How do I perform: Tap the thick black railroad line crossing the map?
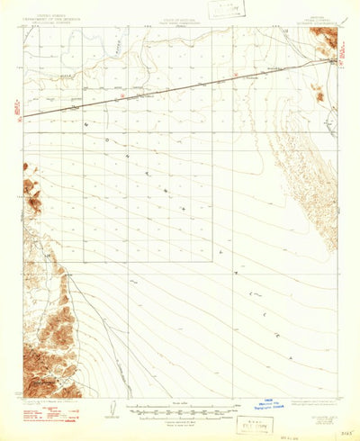[180, 87]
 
